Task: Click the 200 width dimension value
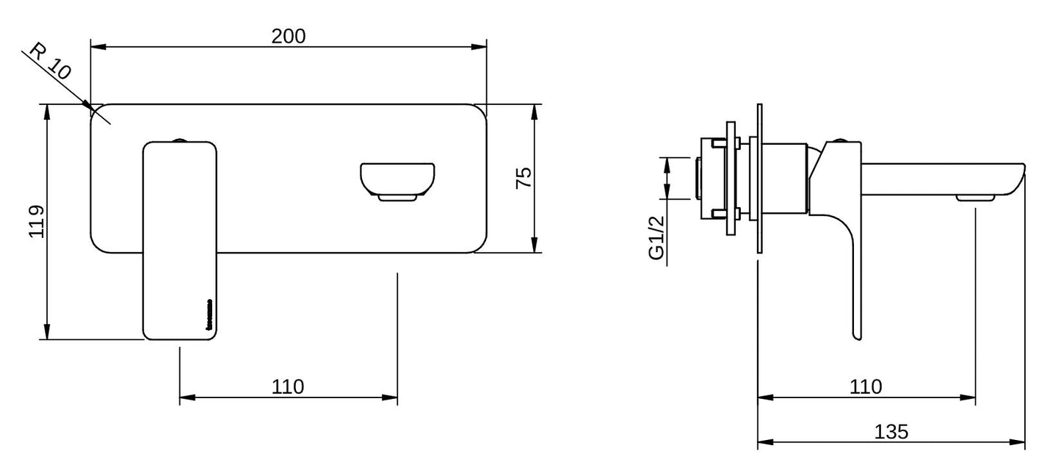(289, 35)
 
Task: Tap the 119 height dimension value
(37, 222)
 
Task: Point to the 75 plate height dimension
(523, 178)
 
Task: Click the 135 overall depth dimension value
(891, 431)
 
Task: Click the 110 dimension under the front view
(288, 386)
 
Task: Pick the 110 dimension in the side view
(866, 386)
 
